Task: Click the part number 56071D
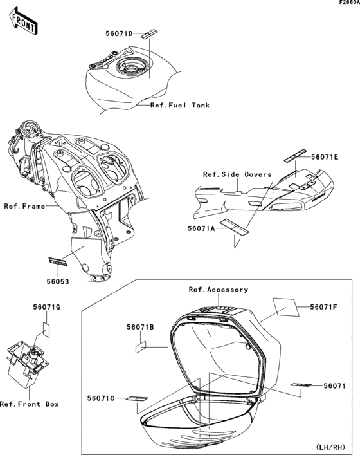coord(119,33)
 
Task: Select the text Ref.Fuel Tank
coord(179,105)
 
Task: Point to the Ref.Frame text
coord(24,207)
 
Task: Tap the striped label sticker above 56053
coord(59,261)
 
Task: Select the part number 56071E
coord(325,156)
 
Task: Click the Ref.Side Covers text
coord(237,174)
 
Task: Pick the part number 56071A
coord(201,228)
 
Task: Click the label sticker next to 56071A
coord(234,225)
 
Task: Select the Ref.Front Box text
coord(30,404)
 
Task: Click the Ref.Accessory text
coord(218,290)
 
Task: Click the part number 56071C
coord(100,399)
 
